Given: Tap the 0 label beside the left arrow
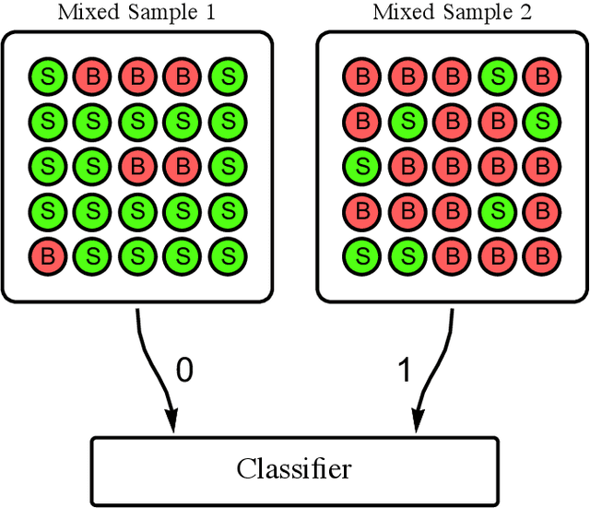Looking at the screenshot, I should pyautogui.click(x=184, y=371).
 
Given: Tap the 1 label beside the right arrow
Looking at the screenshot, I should pyautogui.click(x=403, y=371).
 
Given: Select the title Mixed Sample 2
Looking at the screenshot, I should pyautogui.click(x=451, y=13).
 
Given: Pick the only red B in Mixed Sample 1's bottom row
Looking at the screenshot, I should pyautogui.click(x=47, y=254).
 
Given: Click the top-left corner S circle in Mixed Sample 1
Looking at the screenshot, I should pyautogui.click(x=47, y=75).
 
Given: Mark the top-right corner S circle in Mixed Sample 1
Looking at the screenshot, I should pyautogui.click(x=226, y=75).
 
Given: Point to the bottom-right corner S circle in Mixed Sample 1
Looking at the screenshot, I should pyautogui.click(x=226, y=254).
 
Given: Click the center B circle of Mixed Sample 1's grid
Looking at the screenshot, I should pyautogui.click(x=136, y=165).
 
